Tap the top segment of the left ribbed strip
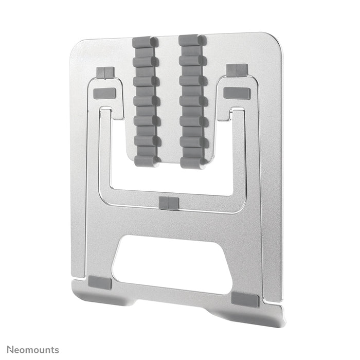tap(146, 41)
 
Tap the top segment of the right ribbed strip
tap(192, 40)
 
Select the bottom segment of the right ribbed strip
tap(193, 163)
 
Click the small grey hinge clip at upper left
tap(104, 73)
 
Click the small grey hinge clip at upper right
tap(237, 70)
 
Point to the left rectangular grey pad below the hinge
tap(104, 94)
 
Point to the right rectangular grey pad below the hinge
tap(237, 93)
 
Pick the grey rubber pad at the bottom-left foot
tap(99, 282)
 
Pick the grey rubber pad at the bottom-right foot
tap(245, 300)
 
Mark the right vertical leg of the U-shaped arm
tap(239, 154)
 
